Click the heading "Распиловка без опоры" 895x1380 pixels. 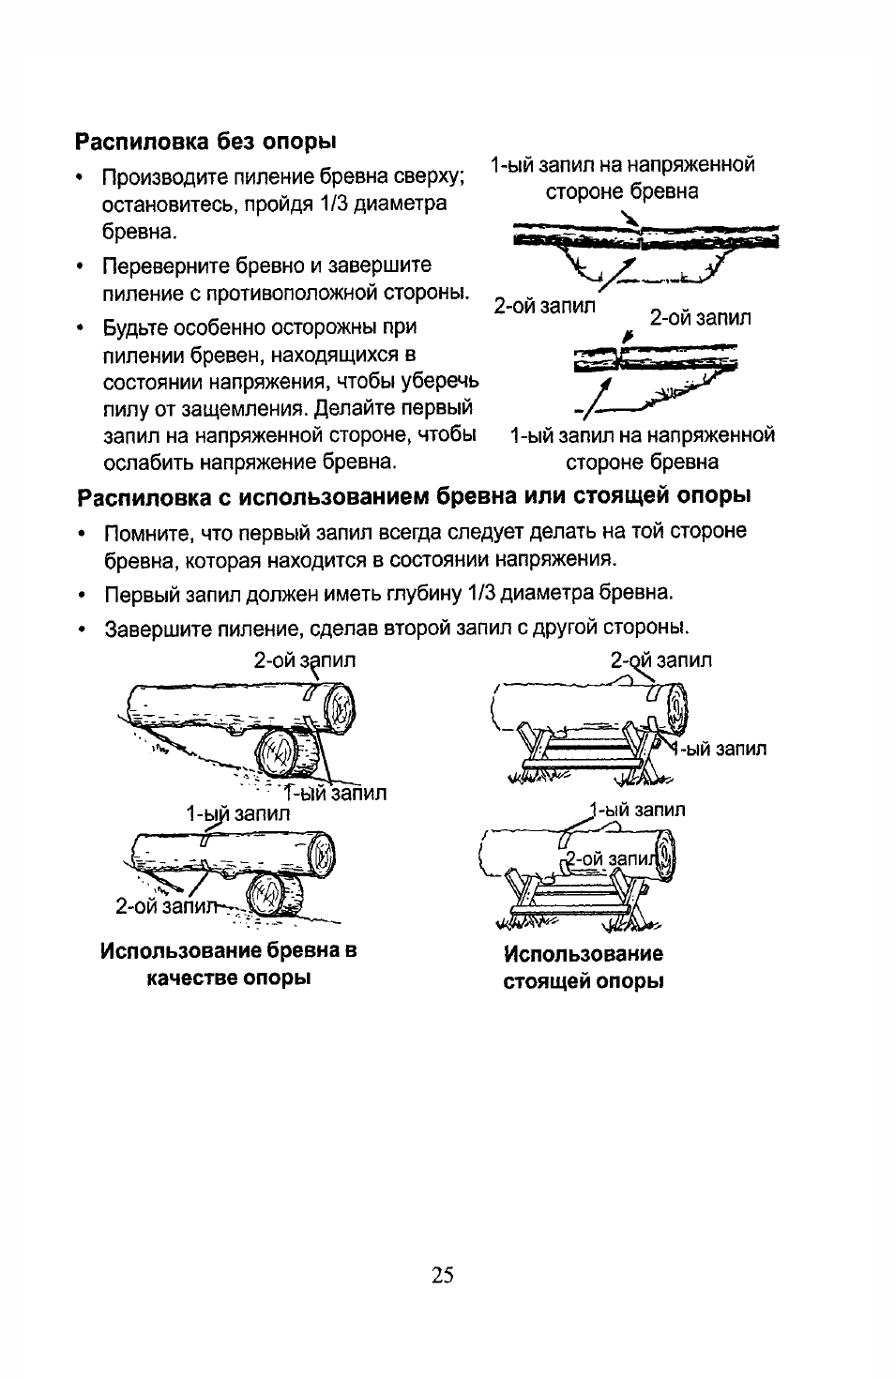point(205,142)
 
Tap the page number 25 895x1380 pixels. point(444,1274)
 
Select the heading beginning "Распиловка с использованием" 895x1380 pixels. point(413,494)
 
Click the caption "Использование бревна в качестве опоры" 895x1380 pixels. point(229,964)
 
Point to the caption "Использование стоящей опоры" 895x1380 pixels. point(584,967)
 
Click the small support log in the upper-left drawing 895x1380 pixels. point(279,752)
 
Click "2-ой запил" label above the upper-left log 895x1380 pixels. point(304,660)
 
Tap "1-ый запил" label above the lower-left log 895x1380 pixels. point(238,813)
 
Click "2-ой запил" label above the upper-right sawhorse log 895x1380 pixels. point(660,660)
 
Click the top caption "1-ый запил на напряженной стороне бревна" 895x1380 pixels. point(622,178)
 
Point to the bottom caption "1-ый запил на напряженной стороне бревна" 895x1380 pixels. point(642,448)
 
